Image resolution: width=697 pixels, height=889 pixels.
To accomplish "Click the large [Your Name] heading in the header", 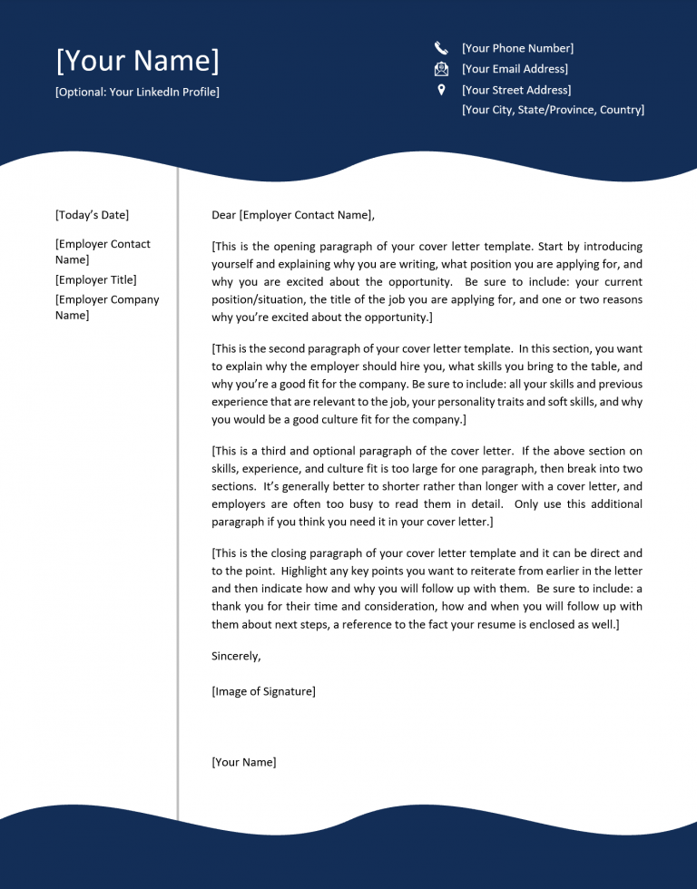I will pos(137,62).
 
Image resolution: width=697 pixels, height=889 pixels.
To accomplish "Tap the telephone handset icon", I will pos(441,48).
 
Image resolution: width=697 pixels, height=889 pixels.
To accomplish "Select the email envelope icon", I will pos(441,69).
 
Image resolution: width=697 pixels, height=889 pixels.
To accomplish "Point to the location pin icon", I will pos(441,90).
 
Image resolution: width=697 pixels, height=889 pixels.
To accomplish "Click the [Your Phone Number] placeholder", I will pos(517,48).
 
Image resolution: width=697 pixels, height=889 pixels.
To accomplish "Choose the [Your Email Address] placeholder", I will pos(515,69).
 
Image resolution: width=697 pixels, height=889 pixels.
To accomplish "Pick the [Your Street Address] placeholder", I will pos(516,90).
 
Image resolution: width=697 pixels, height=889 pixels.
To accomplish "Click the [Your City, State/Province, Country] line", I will pos(553,110).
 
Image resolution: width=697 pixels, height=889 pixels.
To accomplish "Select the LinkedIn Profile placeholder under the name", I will pos(137,92).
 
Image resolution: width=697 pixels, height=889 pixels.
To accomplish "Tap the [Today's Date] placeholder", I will pos(92,215).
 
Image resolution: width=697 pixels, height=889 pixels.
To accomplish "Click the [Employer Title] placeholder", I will pos(95,280).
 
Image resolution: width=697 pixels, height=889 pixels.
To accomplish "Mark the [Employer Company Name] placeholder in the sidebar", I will pos(106,308).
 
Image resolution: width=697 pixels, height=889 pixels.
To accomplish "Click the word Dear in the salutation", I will pos(223,215).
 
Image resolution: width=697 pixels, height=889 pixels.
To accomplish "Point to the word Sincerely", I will pos(236,656).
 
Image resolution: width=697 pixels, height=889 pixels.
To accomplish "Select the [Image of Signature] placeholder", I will pos(263,691).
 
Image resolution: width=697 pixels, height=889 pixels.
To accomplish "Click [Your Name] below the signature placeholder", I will pos(243,762).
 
